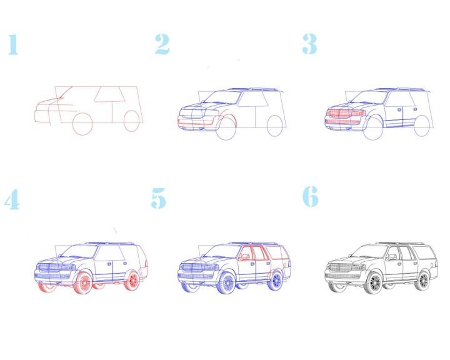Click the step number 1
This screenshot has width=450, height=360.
click(x=13, y=44)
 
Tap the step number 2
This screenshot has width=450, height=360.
click(x=162, y=44)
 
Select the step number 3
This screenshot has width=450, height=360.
click(x=309, y=44)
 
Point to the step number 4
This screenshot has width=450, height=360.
click(x=12, y=199)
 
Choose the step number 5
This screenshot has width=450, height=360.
click(x=158, y=198)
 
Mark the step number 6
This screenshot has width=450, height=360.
click(x=311, y=196)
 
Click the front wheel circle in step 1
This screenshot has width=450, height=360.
click(x=82, y=124)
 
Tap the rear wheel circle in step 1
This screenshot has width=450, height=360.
click(x=132, y=121)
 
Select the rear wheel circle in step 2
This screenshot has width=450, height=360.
click(x=274, y=126)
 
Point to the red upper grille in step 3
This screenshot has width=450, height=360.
click(x=346, y=113)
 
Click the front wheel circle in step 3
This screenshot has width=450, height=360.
click(x=373, y=129)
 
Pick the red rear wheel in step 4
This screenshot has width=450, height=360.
click(x=132, y=280)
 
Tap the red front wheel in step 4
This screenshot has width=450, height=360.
click(x=83, y=282)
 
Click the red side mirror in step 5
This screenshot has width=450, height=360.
click(x=244, y=257)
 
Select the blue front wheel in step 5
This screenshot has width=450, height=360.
click(x=226, y=283)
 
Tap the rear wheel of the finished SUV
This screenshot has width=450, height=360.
click(x=422, y=281)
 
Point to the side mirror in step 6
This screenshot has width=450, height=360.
click(x=391, y=257)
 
